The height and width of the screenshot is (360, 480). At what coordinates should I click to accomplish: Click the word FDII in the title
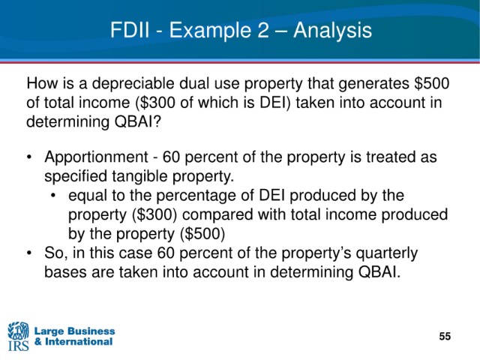pos(130,30)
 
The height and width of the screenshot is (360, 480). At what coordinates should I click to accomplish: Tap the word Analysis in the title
pos(332,31)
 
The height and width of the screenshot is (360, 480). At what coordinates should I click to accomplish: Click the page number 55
pos(445,336)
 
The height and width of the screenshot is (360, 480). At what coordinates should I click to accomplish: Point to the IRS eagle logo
pos(18,336)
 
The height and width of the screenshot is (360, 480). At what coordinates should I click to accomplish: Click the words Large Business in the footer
pos(75,331)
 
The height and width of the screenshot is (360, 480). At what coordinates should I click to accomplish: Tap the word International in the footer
pos(79,341)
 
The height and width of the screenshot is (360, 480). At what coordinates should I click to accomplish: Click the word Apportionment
pos(97,157)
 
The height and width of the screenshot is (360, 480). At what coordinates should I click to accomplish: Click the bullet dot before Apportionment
pos(29,157)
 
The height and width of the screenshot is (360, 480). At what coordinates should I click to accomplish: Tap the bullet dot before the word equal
pos(53,196)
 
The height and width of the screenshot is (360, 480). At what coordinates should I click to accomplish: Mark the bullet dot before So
pos(29,253)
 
